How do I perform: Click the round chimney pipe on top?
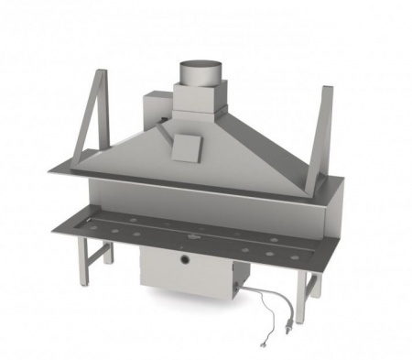point(199,71)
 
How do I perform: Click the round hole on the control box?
point(186,262)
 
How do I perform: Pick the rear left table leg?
point(108,249)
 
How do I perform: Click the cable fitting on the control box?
point(241,290)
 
